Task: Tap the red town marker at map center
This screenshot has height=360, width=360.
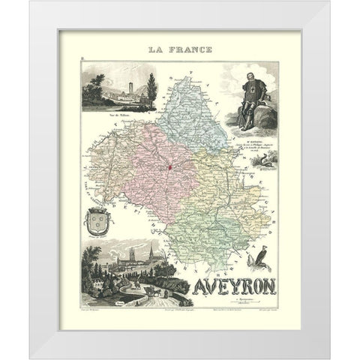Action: [x=169, y=166]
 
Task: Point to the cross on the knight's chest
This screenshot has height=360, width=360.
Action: [x=250, y=93]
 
